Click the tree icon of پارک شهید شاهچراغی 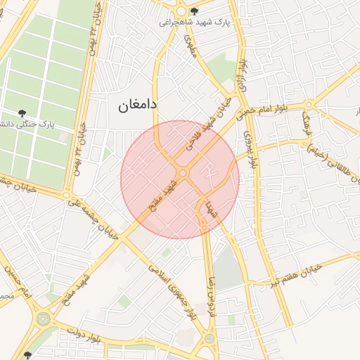(194, 11)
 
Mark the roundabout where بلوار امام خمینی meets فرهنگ (308, 106)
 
